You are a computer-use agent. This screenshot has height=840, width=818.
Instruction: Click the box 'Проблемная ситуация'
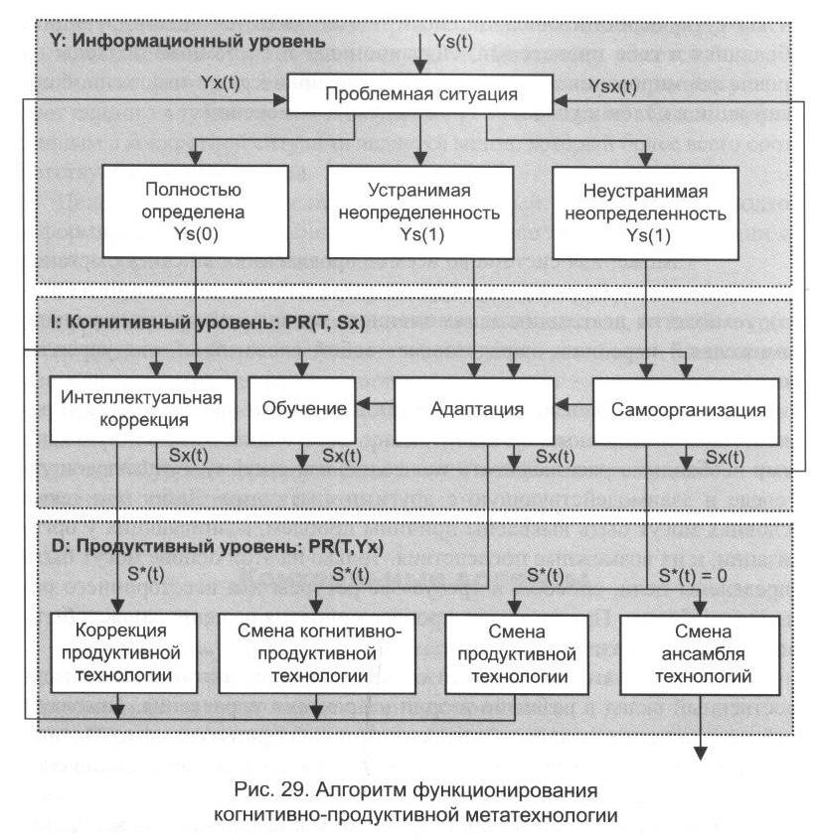[x=421, y=97]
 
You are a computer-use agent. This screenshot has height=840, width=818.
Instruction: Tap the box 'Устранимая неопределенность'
[x=420, y=211]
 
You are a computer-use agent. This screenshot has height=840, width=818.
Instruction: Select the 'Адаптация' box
[x=472, y=408]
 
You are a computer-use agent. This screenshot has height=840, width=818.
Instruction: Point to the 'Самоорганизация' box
[x=686, y=408]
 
